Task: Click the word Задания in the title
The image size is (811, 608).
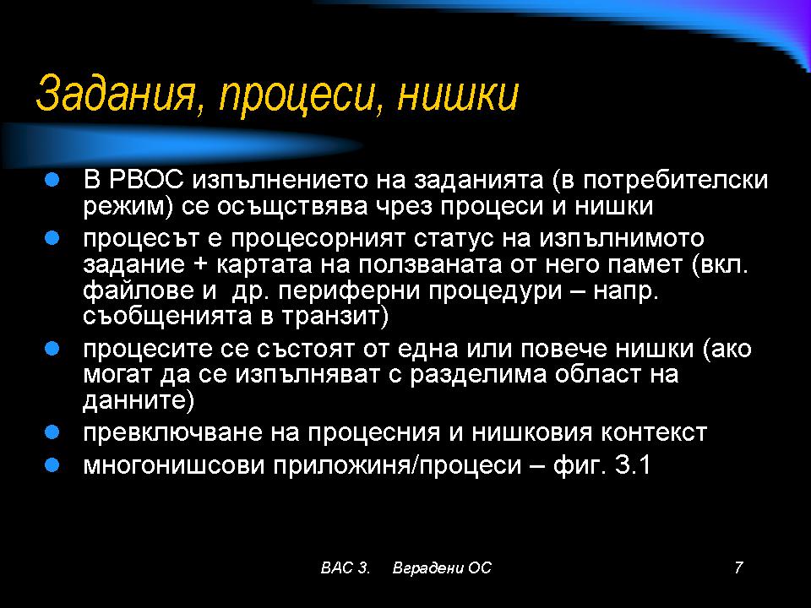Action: [118, 94]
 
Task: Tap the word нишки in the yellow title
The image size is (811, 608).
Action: [457, 94]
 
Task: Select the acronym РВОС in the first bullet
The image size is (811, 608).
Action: [146, 180]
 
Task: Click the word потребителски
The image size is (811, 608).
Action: [676, 181]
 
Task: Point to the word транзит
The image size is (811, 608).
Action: [330, 317]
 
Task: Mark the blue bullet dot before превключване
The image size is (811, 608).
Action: [52, 432]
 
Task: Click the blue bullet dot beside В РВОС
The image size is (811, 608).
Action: [52, 179]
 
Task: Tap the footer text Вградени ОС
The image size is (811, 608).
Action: [442, 567]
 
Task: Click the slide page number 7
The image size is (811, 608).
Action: [738, 567]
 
